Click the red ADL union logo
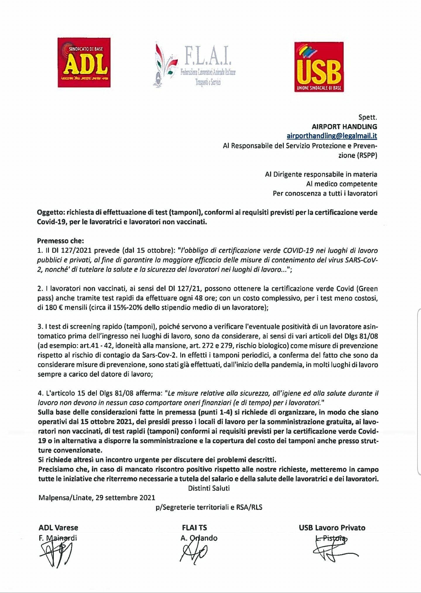[x=84, y=62]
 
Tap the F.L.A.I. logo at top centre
[x=194, y=65]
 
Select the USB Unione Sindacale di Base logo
[x=319, y=67]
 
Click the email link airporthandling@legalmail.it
[x=332, y=136]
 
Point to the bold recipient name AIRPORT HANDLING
[x=344, y=127]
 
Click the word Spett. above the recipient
[x=368, y=117]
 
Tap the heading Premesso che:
[x=60, y=241]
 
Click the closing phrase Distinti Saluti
[x=209, y=488]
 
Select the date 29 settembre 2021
[x=125, y=498]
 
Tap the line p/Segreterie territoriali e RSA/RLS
[x=209, y=507]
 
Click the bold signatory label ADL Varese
[x=58, y=528]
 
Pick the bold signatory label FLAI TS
[x=194, y=528]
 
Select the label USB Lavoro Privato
[x=332, y=528]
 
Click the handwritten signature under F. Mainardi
[x=56, y=552]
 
